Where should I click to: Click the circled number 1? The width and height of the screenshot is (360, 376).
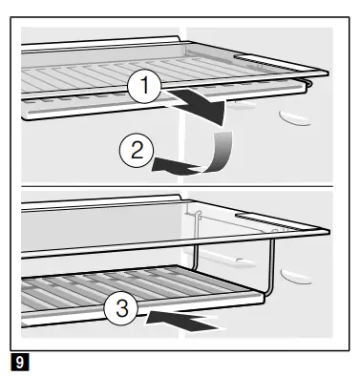point(144,86)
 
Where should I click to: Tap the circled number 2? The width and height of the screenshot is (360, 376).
point(137,150)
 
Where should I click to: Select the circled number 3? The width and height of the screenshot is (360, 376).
point(121,307)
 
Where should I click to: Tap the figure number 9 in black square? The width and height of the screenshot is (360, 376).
point(19,362)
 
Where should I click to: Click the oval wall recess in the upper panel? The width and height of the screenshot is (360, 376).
point(294,118)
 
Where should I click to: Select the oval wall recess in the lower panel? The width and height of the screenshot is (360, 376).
point(295,277)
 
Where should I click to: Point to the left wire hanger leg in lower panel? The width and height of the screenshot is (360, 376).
point(195,241)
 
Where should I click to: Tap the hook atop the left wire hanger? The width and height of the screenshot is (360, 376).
point(199,215)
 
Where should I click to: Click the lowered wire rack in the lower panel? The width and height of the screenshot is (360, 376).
point(140,294)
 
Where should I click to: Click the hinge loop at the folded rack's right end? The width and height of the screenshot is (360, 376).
point(308,83)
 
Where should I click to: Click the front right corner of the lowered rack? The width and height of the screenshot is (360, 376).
point(263,297)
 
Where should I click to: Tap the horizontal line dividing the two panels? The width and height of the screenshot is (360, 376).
point(177,186)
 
